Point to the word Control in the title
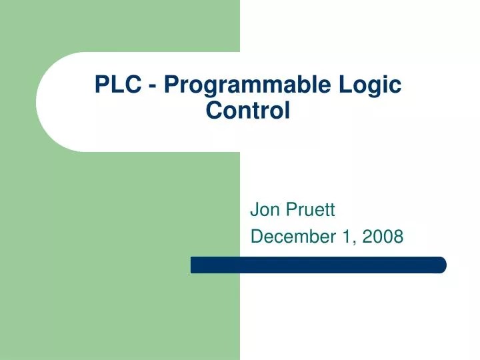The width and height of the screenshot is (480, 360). [248, 109]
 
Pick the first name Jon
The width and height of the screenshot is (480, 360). [265, 211]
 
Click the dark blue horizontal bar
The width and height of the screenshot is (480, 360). [318, 265]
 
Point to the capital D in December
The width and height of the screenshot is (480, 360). [255, 236]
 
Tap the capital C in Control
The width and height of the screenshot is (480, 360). [213, 109]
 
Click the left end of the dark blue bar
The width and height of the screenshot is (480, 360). [194, 265]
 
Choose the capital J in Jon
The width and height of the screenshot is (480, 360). [254, 211]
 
